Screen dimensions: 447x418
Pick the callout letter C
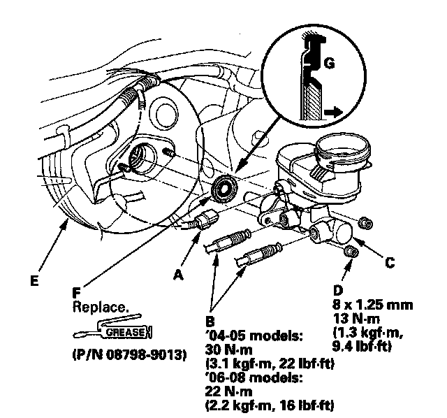pyautogui.click(x=390, y=264)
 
